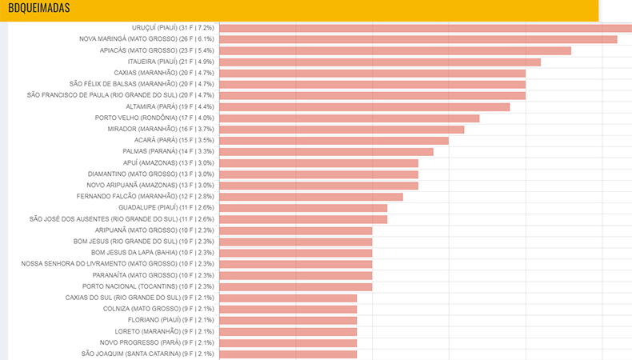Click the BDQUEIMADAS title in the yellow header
39,8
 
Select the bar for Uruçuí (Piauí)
426,28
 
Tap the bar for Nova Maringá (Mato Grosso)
418,39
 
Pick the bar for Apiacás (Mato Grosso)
395,50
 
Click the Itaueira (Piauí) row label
171,62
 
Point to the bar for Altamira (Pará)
365,107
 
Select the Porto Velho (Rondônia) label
154,118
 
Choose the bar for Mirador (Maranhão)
342,130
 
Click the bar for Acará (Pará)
334,141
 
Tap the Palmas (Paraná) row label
169,151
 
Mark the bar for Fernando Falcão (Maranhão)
311,197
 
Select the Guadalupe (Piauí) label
166,207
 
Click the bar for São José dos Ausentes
303,219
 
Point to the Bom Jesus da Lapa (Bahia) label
153,252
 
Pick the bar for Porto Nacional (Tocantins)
296,287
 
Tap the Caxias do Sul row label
140,298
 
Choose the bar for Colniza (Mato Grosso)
288,310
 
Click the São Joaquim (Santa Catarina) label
148,354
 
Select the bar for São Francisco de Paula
373,95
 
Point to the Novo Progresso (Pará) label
157,342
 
